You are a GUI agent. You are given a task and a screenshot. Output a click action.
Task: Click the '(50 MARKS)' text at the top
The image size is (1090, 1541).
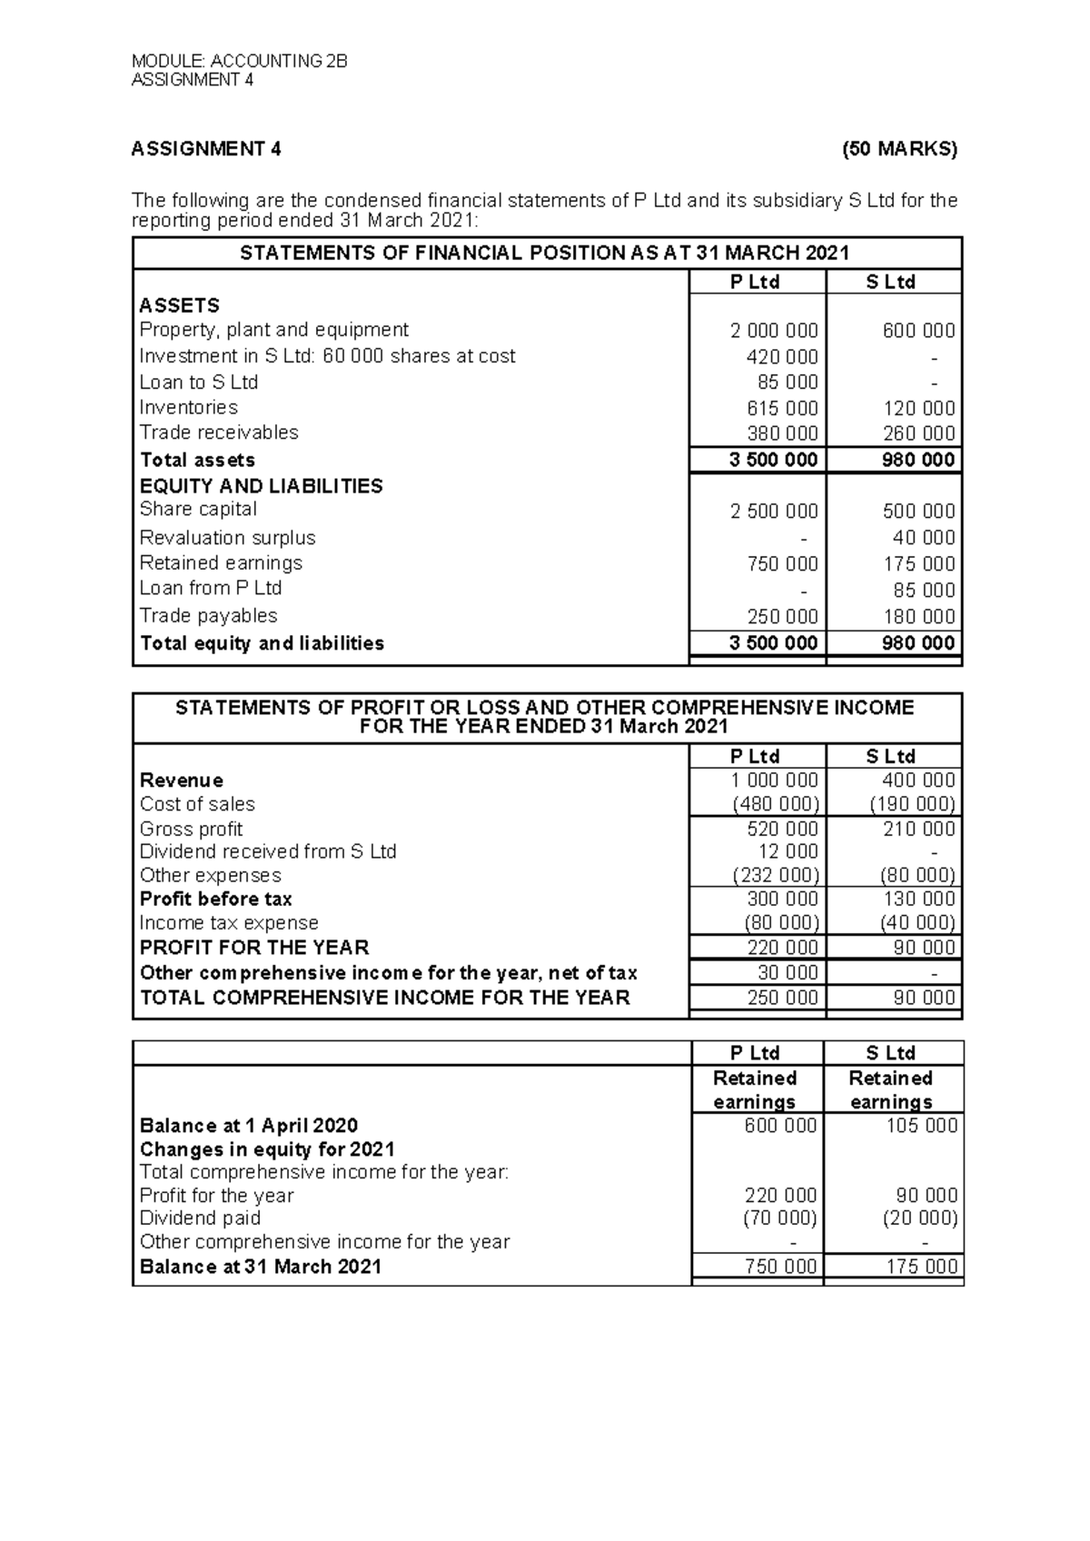click(x=899, y=149)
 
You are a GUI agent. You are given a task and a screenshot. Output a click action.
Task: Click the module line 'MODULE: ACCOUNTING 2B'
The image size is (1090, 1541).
click(x=240, y=62)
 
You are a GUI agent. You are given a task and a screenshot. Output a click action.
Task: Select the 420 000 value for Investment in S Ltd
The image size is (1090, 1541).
click(x=781, y=357)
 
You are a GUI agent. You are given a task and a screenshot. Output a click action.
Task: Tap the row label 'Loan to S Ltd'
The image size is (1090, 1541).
click(x=198, y=382)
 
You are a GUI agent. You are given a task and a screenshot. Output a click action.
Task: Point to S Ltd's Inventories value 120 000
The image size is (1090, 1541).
click(x=918, y=408)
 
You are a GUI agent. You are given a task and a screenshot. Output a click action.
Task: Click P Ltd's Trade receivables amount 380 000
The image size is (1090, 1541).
click(x=781, y=433)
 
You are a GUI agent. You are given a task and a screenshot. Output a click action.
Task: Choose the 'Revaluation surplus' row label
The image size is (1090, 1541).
click(x=227, y=538)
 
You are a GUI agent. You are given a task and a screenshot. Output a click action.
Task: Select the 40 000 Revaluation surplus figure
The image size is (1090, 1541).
click(x=924, y=538)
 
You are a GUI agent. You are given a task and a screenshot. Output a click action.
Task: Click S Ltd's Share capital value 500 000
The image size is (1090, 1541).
click(x=918, y=512)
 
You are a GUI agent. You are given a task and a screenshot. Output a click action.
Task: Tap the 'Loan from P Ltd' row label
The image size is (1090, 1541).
click(x=210, y=588)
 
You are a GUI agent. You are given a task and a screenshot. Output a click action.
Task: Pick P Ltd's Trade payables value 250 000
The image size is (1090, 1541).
click(x=781, y=617)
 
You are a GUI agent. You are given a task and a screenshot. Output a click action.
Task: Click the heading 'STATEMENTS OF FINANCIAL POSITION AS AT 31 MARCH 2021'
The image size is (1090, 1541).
click(x=544, y=254)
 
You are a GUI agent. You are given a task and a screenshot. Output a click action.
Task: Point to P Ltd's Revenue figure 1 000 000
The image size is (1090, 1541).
click(x=774, y=780)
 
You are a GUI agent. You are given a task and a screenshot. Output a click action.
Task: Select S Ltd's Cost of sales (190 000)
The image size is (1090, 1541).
click(x=912, y=804)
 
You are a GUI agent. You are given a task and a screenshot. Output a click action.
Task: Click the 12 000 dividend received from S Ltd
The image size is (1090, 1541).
click(x=788, y=852)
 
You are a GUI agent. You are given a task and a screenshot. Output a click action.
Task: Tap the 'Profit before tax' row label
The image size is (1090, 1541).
click(x=215, y=900)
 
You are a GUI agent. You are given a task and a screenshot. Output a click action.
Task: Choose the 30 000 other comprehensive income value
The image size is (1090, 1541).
click(x=788, y=972)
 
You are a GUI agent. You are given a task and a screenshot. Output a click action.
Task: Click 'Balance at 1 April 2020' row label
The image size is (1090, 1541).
click(x=248, y=1126)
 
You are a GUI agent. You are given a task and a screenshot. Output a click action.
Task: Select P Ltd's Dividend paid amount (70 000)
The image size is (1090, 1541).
click(x=779, y=1218)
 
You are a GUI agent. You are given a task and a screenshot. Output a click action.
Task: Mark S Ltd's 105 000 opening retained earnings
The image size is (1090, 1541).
click(x=921, y=1126)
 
